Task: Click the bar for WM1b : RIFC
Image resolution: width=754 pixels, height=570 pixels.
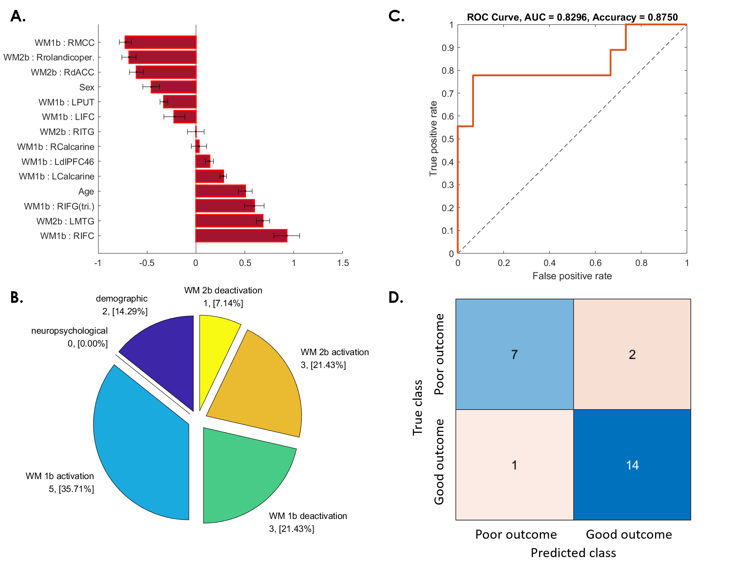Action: click(241, 236)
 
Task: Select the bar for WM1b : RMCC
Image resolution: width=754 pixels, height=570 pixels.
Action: click(161, 42)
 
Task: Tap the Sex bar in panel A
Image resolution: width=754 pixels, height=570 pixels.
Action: click(174, 87)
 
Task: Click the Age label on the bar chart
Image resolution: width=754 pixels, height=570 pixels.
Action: click(86, 192)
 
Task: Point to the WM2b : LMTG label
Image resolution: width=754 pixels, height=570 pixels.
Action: click(65, 221)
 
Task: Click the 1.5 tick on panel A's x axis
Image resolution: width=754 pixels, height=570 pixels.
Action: click(343, 263)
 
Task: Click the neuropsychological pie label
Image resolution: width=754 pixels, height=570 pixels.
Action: click(69, 331)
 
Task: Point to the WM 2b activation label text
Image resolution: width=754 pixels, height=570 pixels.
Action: click(335, 352)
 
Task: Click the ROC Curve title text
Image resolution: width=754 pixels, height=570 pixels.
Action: click(572, 17)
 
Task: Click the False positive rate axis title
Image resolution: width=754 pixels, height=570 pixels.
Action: click(572, 276)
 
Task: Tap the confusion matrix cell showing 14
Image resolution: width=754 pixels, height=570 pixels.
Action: click(632, 465)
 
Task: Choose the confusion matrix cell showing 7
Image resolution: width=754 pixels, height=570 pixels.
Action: click(515, 354)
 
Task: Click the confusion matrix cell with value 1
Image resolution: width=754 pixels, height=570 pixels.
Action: click(515, 465)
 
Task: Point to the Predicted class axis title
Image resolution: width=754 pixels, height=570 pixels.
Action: click(573, 553)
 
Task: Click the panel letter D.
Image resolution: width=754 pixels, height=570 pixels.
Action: click(395, 297)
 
